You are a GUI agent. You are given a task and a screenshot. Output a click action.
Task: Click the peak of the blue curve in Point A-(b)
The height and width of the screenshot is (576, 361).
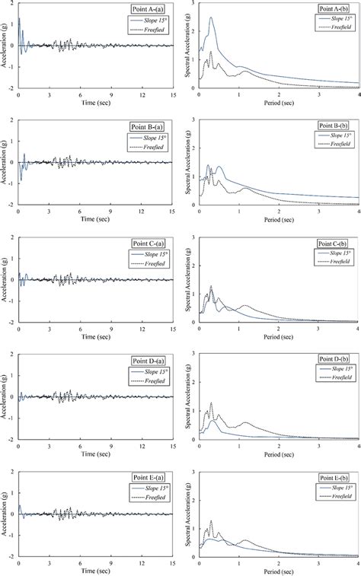[x=211, y=18]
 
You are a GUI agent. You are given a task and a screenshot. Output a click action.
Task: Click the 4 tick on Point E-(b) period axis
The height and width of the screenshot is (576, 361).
[x=358, y=562]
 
